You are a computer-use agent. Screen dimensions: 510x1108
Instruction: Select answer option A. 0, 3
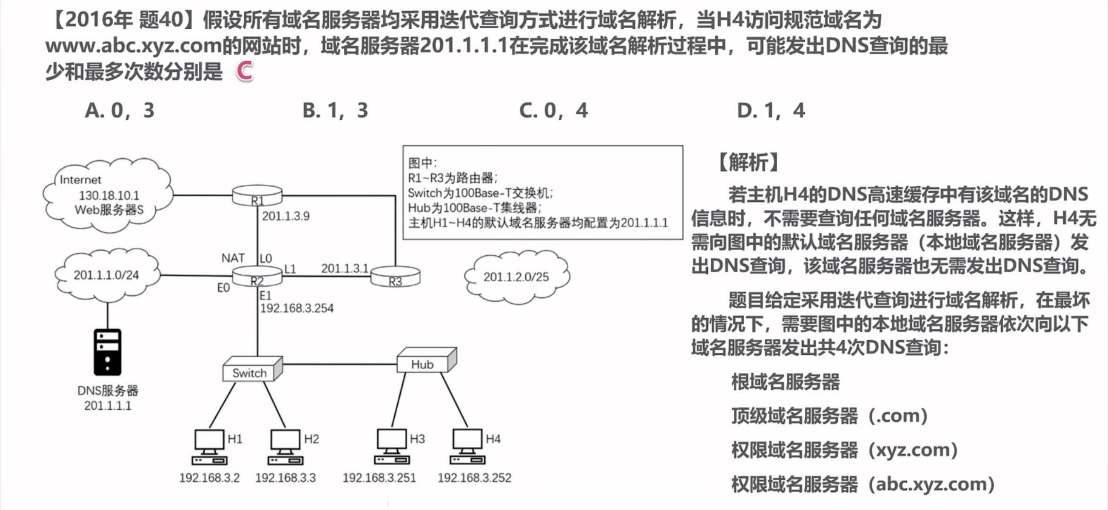[119, 110]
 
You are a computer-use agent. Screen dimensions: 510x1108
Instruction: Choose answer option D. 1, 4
[771, 110]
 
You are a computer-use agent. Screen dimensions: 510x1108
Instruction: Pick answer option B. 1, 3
[335, 110]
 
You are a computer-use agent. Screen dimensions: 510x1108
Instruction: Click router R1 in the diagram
[257, 196]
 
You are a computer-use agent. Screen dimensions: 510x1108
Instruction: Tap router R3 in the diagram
[395, 277]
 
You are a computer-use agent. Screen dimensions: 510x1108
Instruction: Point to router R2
[257, 276]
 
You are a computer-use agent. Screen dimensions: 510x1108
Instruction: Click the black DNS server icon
[107, 352]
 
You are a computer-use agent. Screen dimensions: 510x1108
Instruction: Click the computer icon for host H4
[467, 447]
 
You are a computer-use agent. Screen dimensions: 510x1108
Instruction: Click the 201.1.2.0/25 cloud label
[516, 277]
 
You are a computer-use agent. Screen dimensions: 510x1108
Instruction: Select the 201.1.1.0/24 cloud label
[106, 275]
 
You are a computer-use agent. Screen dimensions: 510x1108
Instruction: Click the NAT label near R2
[233, 258]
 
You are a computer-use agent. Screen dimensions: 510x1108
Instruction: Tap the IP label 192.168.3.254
[297, 308]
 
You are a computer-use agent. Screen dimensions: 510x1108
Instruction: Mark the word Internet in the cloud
[80, 179]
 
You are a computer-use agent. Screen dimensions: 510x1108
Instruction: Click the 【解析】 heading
[748, 163]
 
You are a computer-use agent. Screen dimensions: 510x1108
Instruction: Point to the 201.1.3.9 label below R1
[286, 216]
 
